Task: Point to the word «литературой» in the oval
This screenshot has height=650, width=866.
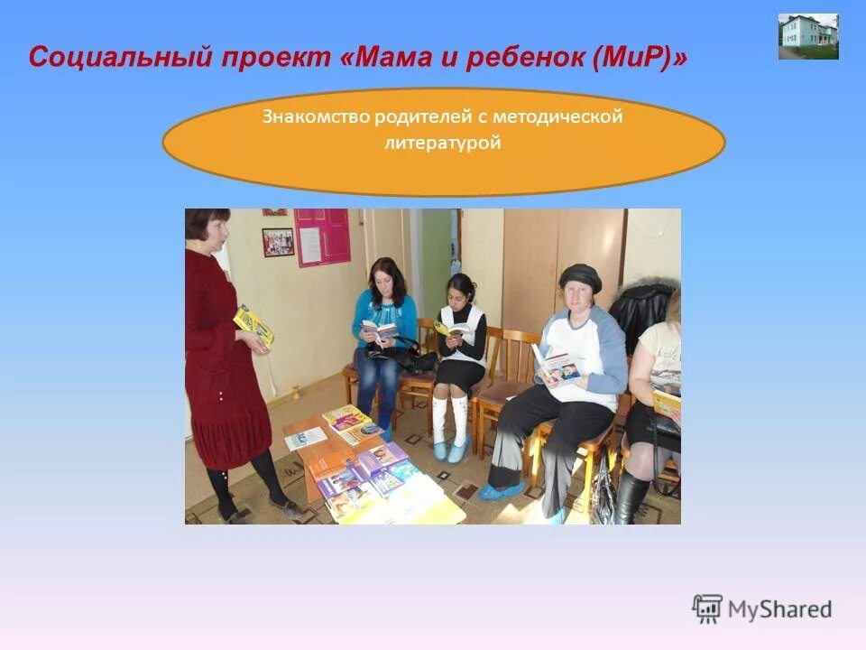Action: tap(442, 143)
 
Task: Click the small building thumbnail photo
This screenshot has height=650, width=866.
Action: tap(808, 37)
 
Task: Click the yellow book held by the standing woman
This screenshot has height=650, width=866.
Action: tap(253, 326)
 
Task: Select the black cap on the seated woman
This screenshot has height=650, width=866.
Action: tap(580, 276)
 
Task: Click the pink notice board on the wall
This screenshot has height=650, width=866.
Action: tap(321, 237)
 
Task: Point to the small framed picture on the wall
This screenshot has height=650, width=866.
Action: tap(278, 242)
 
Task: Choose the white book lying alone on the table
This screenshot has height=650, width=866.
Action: tap(305, 438)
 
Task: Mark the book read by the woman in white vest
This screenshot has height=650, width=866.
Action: tap(452, 330)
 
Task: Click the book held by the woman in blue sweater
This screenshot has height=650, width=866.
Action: tap(379, 330)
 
